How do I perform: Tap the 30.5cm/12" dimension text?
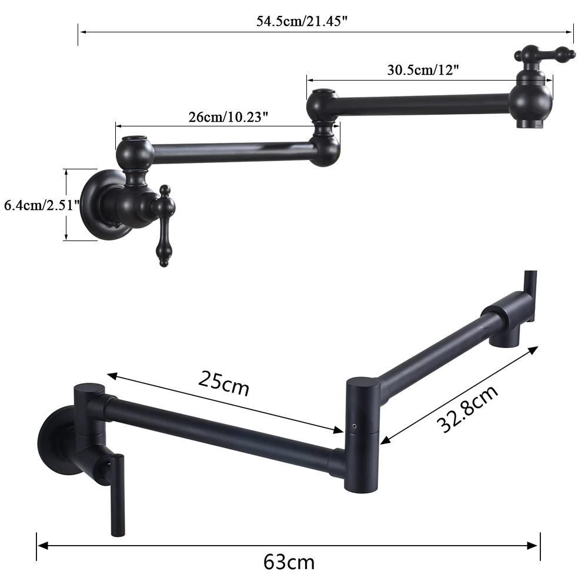point(423,69)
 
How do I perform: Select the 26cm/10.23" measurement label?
point(228,116)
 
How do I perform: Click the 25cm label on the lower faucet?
point(223,384)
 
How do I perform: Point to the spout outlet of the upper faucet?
point(531,123)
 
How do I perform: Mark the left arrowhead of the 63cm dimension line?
point(41,545)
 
